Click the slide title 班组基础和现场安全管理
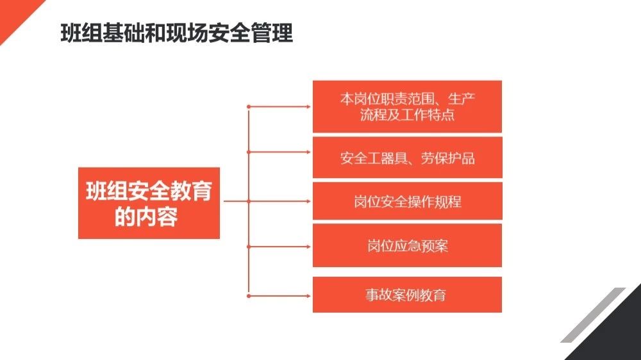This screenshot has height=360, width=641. pos(177,33)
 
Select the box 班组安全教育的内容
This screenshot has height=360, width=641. pos(149,203)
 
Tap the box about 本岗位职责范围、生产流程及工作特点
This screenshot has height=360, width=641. pos(407,106)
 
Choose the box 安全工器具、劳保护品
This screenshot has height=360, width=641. pos(407,158)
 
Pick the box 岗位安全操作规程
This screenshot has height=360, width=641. pos(407,201)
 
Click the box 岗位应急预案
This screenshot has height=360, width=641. pos(407,245)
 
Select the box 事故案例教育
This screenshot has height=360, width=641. pos(407,295)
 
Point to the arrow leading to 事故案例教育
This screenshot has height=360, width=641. pos(279,296)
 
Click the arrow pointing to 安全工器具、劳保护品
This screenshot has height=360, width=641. pos(279,152)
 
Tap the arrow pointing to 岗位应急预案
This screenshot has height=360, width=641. pos(279,247)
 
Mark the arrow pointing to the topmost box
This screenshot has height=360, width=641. pos(279,106)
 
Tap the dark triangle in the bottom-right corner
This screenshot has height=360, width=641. pos(617,335)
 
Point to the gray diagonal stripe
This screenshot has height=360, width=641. pos(594,315)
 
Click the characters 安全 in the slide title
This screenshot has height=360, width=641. pos(229,33)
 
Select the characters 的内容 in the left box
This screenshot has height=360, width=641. pos(146,217)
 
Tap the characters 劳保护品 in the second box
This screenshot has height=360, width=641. pos(448,158)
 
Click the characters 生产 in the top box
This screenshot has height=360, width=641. pos(462,99)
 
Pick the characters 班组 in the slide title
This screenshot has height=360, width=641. pos(81,33)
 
